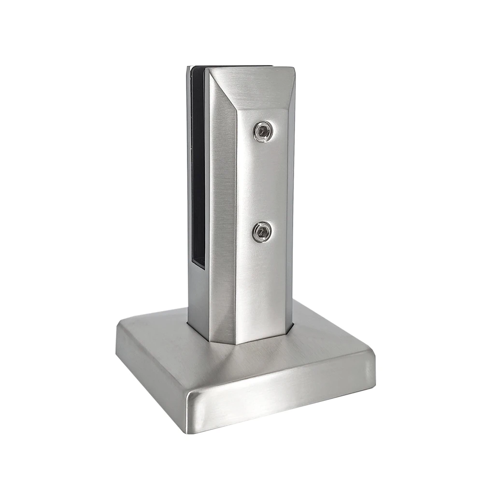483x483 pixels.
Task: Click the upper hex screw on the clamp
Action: click(262, 131)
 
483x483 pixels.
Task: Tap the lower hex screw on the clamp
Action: click(262, 232)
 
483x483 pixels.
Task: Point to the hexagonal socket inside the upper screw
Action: click(262, 131)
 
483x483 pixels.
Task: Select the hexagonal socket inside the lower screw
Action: click(262, 232)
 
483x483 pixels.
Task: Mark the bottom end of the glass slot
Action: click(198, 265)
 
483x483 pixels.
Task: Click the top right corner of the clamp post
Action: click(294, 69)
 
